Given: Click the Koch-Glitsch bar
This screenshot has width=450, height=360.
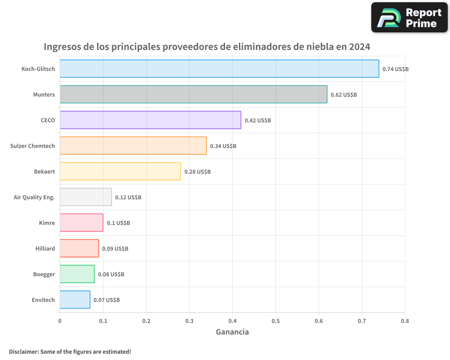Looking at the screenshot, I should [219, 69].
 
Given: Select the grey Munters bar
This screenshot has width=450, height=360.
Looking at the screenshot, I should [193, 94].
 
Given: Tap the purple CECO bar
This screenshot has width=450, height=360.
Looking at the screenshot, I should [150, 120].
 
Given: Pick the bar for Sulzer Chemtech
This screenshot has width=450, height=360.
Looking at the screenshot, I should [133, 146].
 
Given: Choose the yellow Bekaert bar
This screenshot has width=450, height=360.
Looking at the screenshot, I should [120, 171].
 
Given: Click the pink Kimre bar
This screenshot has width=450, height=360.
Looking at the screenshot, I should [81, 223].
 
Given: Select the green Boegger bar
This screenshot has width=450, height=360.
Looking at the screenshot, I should [77, 274].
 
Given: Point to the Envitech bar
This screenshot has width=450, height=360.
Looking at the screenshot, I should [75, 300].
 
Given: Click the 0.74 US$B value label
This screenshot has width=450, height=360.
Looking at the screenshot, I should [395, 69].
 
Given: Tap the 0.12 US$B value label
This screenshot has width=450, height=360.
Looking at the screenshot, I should [128, 198].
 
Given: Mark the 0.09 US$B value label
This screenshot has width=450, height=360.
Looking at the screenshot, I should [115, 249].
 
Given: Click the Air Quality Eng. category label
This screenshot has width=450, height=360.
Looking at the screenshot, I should [34, 197].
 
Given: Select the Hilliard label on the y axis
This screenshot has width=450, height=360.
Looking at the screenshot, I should [45, 248].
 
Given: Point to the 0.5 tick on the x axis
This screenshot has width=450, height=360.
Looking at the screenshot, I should [275, 321].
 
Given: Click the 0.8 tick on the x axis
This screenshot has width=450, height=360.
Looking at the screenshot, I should [405, 321].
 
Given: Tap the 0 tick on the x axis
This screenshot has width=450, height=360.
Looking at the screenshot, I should [60, 321].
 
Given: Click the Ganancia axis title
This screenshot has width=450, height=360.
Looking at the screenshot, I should [232, 332].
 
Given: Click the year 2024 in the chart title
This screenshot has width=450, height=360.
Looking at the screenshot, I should [358, 47].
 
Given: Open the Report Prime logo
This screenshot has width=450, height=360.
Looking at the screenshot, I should [409, 18].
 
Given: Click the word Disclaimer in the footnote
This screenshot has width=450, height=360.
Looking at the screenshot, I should [23, 351].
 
